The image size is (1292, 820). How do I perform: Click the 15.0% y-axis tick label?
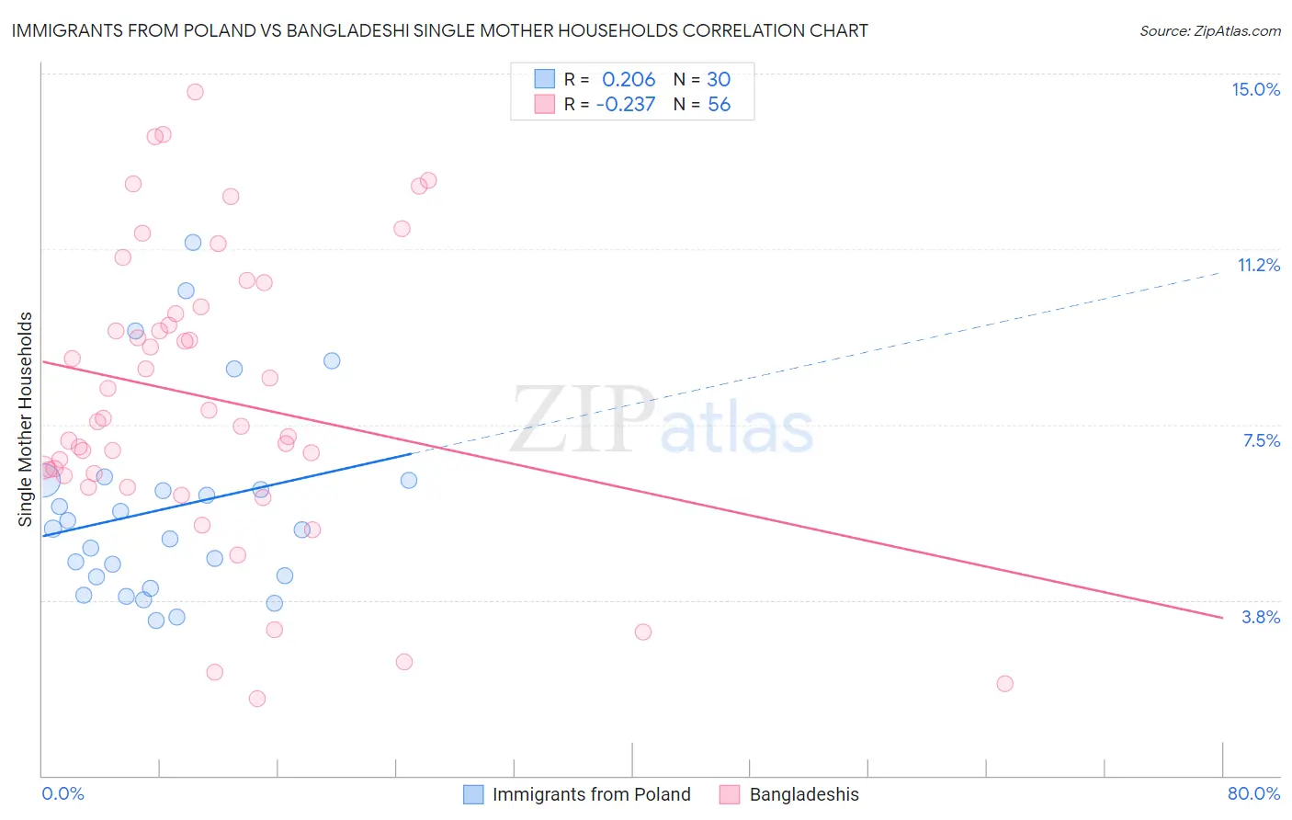click(1255, 89)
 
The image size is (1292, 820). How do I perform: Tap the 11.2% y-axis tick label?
click(1258, 265)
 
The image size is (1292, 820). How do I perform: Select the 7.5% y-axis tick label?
click(1261, 440)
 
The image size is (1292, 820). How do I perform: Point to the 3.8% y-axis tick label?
click(1261, 617)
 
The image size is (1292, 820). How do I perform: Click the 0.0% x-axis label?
click(62, 793)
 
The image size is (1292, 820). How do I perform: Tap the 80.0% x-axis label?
click(1253, 793)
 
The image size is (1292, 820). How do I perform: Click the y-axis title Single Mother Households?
click(26, 419)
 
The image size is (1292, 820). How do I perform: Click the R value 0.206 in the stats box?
click(629, 80)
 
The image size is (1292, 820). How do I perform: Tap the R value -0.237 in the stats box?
click(626, 105)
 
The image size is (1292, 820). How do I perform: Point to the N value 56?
click(719, 105)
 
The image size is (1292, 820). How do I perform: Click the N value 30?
click(719, 80)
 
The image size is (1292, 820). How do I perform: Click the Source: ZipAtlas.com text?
click(1209, 31)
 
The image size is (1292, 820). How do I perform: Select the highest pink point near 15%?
click(195, 92)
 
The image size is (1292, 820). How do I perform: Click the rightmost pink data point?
click(1004, 683)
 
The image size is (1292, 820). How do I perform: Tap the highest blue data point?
click(193, 243)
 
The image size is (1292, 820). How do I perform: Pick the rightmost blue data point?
click(409, 480)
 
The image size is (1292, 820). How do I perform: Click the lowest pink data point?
click(257, 699)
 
